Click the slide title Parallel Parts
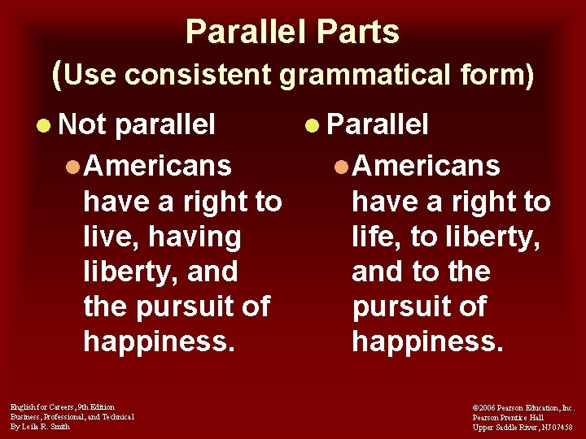coord(292,32)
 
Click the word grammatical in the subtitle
coord(362,75)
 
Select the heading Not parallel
coord(137,124)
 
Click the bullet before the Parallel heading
coord(313,126)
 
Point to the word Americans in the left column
coord(157,166)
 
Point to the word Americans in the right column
coord(426,166)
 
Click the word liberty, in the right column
coord(493,237)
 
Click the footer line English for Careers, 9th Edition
coord(63,406)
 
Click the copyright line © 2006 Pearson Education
coord(523,407)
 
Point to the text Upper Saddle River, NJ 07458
coord(523,427)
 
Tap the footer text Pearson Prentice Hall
coord(508,417)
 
